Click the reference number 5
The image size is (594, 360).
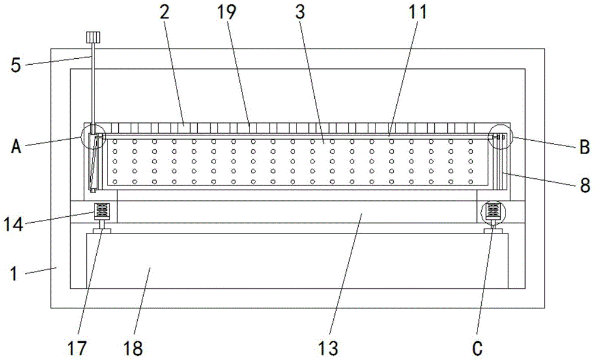coord(17,64)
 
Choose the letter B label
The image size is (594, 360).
coord(583,146)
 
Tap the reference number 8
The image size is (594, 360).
coord(584,185)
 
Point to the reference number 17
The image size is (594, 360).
coord(78,347)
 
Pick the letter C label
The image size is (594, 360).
coord(477,347)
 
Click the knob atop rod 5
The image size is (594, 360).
coord(93,37)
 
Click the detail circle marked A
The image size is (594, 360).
coord(94,137)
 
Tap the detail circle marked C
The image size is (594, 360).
coord(492,211)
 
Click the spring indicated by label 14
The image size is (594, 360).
coord(101,210)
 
